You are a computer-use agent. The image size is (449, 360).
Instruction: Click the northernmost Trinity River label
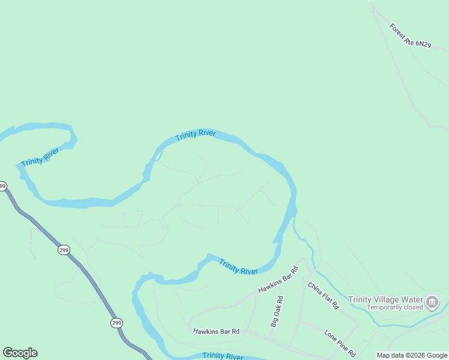(x=196, y=136)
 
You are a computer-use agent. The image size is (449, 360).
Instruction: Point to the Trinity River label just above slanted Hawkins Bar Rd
(x=238, y=266)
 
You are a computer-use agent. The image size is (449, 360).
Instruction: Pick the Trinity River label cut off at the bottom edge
(x=223, y=356)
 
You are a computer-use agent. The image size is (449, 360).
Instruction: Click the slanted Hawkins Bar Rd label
(x=278, y=280)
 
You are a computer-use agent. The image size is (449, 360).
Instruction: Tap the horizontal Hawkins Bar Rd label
(x=216, y=331)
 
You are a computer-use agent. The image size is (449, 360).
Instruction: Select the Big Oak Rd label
(x=276, y=311)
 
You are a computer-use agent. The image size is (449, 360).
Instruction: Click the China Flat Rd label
(x=323, y=295)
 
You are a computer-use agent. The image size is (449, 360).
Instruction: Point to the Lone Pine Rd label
(x=340, y=341)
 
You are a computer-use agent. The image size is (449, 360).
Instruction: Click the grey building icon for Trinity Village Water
(x=432, y=302)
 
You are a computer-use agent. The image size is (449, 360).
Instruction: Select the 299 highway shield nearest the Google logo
(x=117, y=323)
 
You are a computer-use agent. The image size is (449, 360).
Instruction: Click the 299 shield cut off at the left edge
(x=2, y=187)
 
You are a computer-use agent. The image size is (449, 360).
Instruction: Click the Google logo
(x=20, y=353)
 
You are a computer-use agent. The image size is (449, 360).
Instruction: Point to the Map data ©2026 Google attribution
(x=412, y=355)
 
